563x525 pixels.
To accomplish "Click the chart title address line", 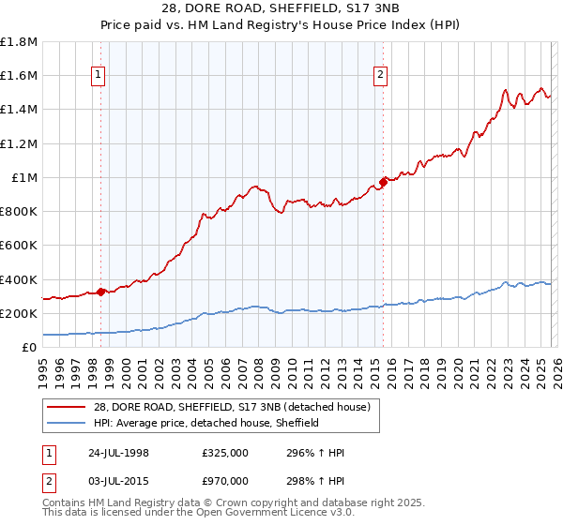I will coord(281,8).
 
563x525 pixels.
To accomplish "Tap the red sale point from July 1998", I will coord(100,291).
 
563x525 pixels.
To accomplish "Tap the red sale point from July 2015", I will coord(382,182).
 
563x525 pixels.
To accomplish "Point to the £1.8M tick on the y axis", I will coord(20,42).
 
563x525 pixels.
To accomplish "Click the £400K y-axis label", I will coord(20,279).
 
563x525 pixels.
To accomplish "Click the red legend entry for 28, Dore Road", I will coord(233,406).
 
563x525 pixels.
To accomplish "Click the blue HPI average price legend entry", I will coord(206,423).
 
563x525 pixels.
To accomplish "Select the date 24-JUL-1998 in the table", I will coord(116,453).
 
